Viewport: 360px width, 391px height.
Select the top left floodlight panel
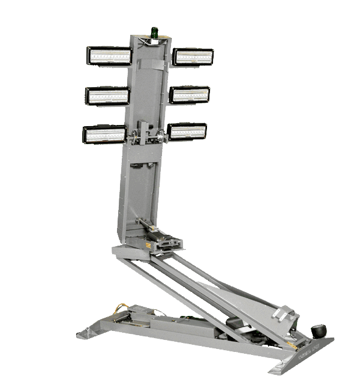coord(109,56)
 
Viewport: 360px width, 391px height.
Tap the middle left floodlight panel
coord(107,95)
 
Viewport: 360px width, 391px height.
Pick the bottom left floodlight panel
coord(104,134)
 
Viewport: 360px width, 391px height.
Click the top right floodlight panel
coord(193,56)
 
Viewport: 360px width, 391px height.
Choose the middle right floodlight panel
coord(189,94)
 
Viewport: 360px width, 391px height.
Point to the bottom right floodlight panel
coord(187,132)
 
